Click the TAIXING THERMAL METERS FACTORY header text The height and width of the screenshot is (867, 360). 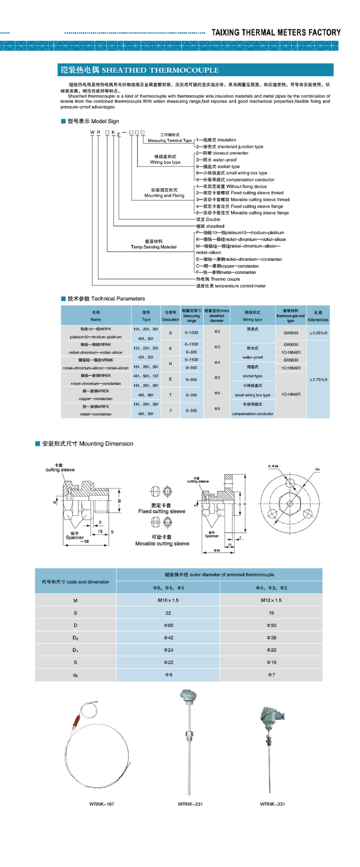(x=276, y=33)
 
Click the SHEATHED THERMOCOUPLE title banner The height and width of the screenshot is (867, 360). (x=160, y=70)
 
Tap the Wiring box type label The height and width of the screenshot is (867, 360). (x=165, y=162)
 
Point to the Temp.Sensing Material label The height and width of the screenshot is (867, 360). (x=154, y=247)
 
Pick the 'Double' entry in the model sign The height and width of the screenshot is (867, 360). (x=208, y=219)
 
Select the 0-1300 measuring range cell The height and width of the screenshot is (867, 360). (x=191, y=333)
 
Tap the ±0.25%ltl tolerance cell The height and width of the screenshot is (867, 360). (x=318, y=333)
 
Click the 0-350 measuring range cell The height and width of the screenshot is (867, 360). (x=191, y=395)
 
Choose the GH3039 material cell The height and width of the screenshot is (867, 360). (x=291, y=333)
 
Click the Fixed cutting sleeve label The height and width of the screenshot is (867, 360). (x=162, y=511)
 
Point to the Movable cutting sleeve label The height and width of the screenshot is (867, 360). (x=162, y=544)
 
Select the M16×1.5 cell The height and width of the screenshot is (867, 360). (x=168, y=600)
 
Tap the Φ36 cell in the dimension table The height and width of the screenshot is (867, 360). (x=272, y=638)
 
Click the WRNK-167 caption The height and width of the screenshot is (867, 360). (x=102, y=804)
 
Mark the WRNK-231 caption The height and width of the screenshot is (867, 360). (x=190, y=804)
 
